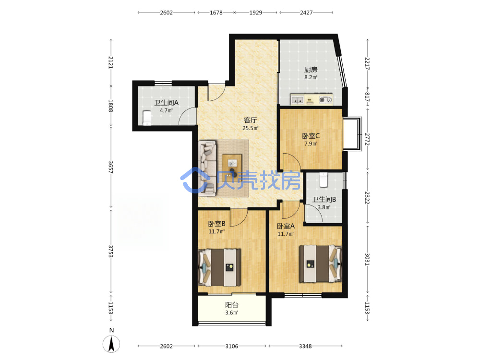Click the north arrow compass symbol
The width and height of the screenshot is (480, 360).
[x=111, y=344]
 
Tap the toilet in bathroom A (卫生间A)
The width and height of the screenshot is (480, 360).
[x=147, y=118]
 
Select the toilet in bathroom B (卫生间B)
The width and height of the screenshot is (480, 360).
[x=324, y=180]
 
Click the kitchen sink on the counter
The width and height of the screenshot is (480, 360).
[x=297, y=100]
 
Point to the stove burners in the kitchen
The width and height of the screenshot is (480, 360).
[x=326, y=99]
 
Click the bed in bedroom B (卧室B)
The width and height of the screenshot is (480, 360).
[x=219, y=267]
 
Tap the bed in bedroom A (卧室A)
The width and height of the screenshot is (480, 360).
[x=320, y=264]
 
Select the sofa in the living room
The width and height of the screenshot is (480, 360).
[x=208, y=168]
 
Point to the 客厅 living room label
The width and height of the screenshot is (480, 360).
[x=251, y=120]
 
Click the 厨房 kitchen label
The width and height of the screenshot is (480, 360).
[x=311, y=70]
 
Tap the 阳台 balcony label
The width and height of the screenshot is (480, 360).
[x=232, y=305]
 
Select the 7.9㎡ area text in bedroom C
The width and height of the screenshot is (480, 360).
[x=311, y=144]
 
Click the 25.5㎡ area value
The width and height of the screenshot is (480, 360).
[x=251, y=128]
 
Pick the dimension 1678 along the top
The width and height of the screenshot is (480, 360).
[x=216, y=12]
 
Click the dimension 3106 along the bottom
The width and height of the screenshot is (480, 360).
[x=232, y=346]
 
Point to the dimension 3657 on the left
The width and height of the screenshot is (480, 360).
[x=110, y=168]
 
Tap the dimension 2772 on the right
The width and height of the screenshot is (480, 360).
[x=367, y=139]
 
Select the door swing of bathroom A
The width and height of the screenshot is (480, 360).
[x=187, y=116]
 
